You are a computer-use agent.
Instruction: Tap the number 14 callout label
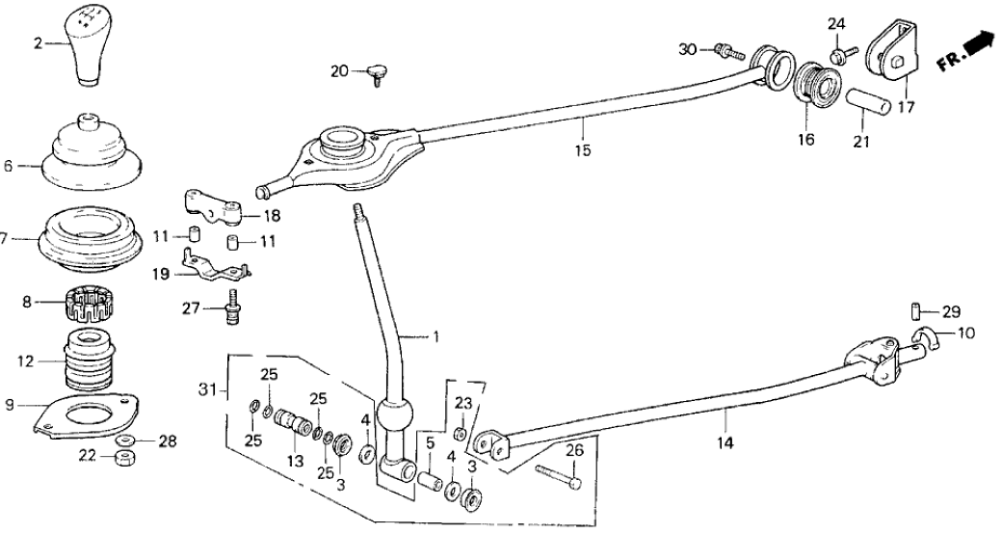[x=725, y=443]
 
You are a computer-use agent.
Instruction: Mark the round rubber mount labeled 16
[x=817, y=86]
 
